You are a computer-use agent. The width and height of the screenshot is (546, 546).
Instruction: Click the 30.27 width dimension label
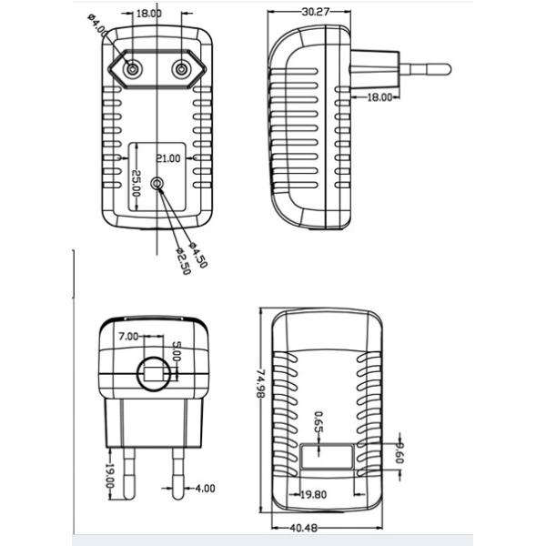(316, 12)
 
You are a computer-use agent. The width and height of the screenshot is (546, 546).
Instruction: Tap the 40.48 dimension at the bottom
(304, 528)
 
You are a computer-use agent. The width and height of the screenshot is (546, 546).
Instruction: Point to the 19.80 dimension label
(313, 494)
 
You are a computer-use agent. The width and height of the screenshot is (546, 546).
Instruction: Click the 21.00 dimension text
(168, 158)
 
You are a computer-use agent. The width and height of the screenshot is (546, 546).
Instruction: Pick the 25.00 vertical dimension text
(136, 184)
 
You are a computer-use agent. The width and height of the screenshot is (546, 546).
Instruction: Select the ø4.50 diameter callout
(198, 255)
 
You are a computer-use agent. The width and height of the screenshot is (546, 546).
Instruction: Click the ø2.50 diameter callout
(184, 261)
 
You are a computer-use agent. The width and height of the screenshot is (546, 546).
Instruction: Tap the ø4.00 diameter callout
(98, 25)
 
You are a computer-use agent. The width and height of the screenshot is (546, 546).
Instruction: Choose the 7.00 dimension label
(128, 337)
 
